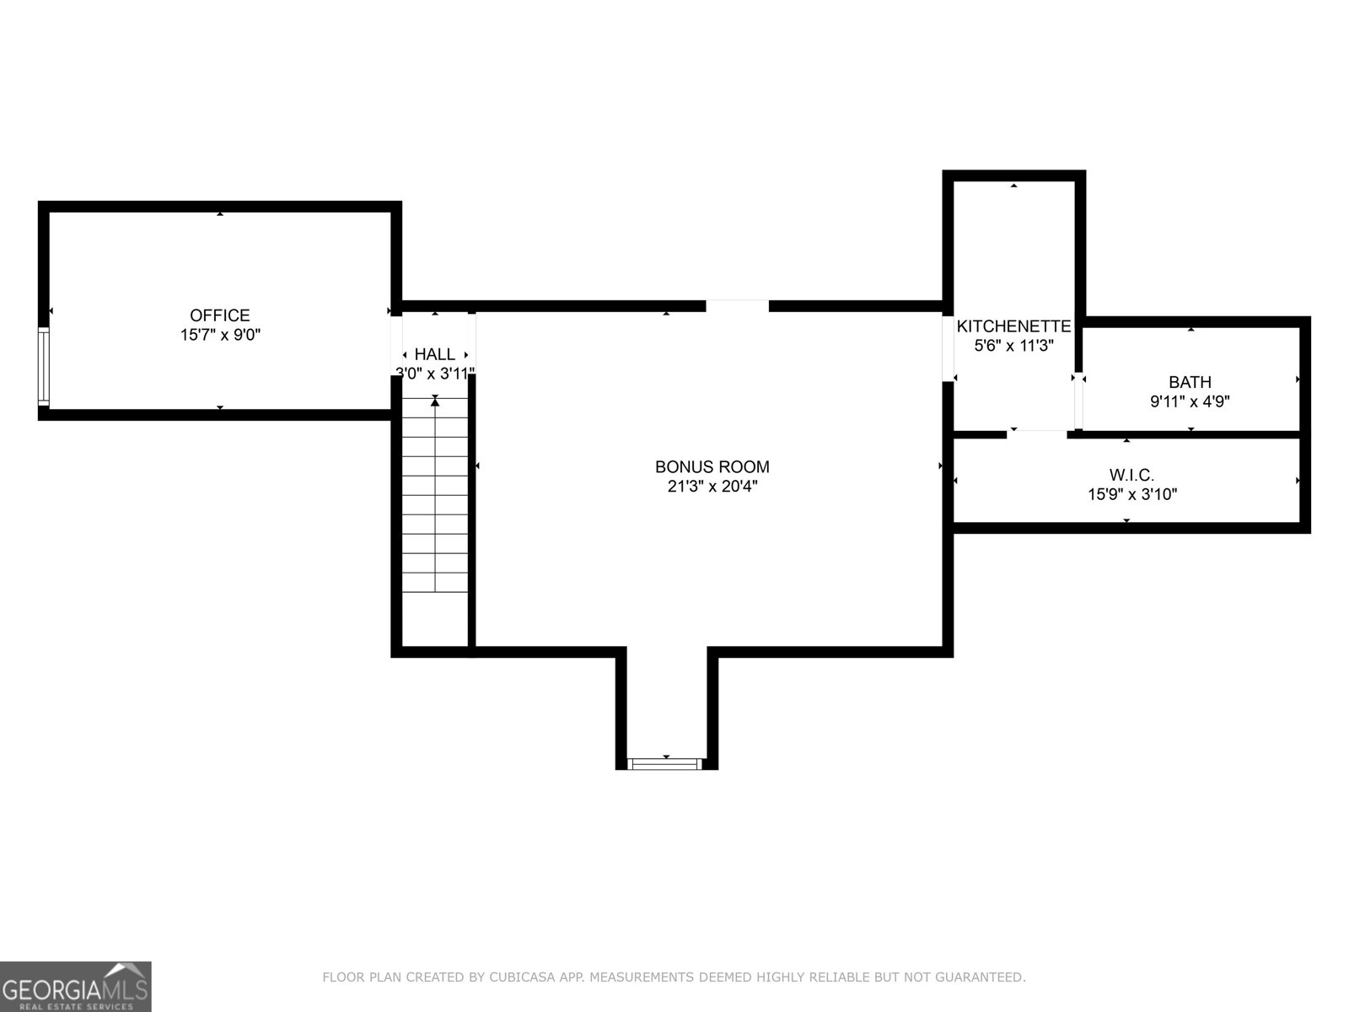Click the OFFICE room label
(219, 315)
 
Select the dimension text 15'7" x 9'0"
(219, 335)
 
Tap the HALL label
(434, 355)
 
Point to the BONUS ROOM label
(712, 466)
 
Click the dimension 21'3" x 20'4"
(712, 487)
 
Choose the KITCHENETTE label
(1013, 326)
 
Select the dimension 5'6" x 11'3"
(1013, 345)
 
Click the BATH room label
(1189, 382)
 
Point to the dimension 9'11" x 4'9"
(1189, 402)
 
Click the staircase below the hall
(435, 498)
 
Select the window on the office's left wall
(44, 367)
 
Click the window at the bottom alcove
(665, 764)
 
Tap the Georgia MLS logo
(75, 987)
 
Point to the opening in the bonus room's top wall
(737, 305)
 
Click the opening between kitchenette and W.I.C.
(1037, 433)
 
